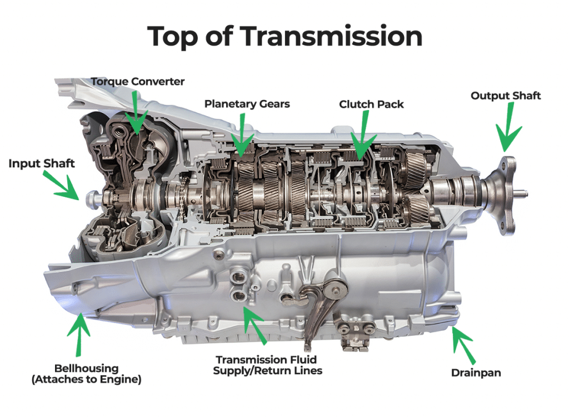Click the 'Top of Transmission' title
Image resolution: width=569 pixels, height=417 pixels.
pos(285,36)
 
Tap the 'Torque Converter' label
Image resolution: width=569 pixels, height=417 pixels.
pos(138,82)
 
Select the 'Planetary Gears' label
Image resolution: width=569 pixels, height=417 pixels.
pos(247,104)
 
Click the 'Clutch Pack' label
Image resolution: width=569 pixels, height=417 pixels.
pos(371,105)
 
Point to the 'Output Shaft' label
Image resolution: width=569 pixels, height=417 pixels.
pos(506,96)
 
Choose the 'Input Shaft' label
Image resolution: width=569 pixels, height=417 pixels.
pos(41,163)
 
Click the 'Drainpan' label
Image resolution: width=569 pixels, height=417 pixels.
pos(476,373)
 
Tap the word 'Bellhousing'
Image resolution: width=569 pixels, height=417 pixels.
pos(86,368)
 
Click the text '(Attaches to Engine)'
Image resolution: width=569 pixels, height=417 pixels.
pos(86,380)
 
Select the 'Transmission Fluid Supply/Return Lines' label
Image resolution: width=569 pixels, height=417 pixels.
pos(267,365)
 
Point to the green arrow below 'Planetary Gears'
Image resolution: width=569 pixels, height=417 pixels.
pos(242,133)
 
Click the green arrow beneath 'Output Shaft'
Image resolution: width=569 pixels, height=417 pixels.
pos(508,127)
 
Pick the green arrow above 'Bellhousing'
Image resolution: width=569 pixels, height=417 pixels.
pos(79,334)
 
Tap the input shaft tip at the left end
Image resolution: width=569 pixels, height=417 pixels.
pos(92,200)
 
